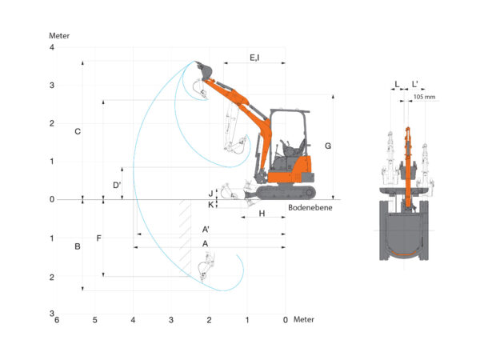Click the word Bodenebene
[310, 207]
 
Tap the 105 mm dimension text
[424, 97]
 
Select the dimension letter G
[328, 146]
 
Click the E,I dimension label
[254, 58]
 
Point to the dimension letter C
[78, 131]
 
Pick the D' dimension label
[117, 185]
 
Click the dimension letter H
[262, 214]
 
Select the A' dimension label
[206, 230]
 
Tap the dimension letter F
[98, 238]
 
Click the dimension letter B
[78, 246]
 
